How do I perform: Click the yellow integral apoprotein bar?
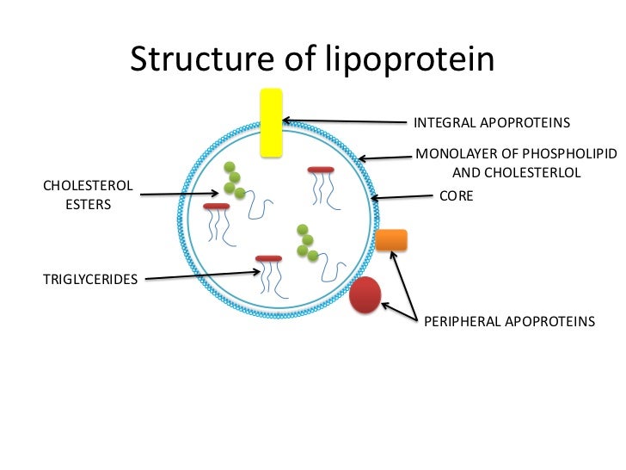(x=271, y=121)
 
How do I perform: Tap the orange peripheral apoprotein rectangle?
(x=391, y=240)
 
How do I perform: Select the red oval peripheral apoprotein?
(x=365, y=294)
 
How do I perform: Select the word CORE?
(x=457, y=195)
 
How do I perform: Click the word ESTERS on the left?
(x=89, y=206)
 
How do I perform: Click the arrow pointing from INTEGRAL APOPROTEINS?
(x=344, y=121)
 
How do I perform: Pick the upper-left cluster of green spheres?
(x=233, y=179)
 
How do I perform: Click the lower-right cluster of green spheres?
(x=306, y=242)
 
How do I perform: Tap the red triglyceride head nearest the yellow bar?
(x=321, y=170)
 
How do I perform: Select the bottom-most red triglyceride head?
(x=268, y=258)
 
